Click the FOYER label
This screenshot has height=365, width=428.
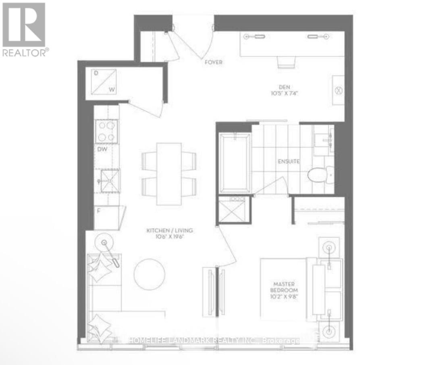213,63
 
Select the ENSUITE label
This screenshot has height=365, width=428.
289,161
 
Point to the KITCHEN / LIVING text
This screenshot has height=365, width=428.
170,231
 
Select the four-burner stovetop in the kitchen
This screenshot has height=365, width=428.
106,131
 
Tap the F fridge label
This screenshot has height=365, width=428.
98,210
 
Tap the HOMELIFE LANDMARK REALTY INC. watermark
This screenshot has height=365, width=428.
214,341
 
